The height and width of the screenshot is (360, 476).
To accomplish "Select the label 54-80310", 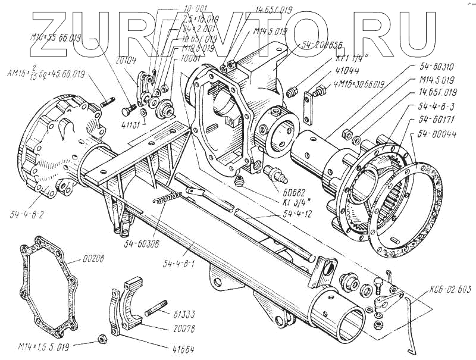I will tap(434, 66).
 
